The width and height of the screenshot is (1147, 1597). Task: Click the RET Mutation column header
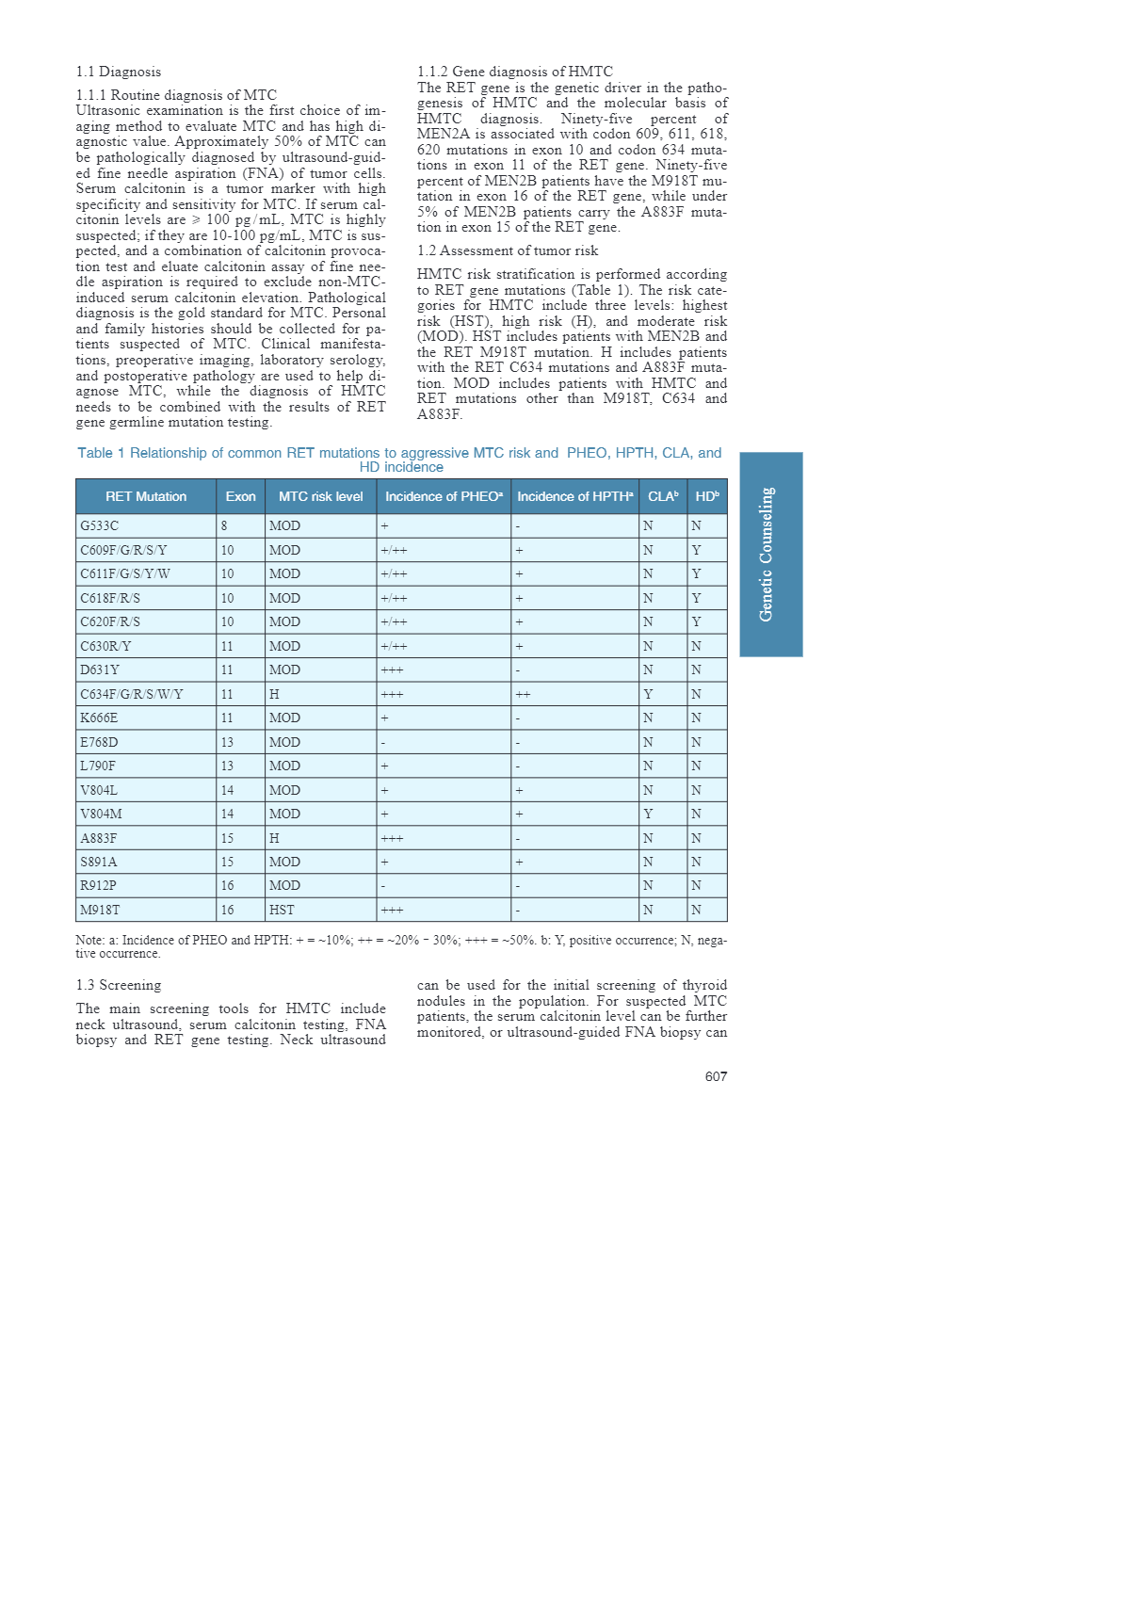pos(146,496)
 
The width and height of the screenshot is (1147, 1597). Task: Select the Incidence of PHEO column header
pos(444,496)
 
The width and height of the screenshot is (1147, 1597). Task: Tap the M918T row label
pos(100,910)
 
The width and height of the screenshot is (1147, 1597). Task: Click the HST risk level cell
pos(282,910)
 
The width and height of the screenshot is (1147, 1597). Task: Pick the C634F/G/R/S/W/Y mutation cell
pos(132,694)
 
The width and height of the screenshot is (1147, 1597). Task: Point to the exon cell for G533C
pos(224,525)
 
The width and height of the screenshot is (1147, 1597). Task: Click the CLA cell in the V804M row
pos(648,814)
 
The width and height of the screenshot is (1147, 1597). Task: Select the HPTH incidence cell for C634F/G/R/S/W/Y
pos(523,694)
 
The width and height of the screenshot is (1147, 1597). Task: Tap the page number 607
pos(716,1076)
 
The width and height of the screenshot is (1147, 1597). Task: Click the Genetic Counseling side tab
pos(770,554)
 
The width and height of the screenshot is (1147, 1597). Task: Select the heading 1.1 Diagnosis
pos(119,72)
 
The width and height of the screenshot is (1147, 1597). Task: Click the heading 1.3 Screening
pos(119,985)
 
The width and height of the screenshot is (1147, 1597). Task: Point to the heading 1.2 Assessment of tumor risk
pos(508,250)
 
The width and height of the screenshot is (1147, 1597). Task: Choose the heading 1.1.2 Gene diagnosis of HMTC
pos(515,72)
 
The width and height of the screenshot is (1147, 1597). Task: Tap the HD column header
pos(706,496)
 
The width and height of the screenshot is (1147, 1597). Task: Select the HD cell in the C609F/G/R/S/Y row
pos(696,550)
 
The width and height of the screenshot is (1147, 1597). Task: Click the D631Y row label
pos(100,669)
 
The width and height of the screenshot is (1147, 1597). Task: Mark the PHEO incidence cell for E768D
pos(383,742)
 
